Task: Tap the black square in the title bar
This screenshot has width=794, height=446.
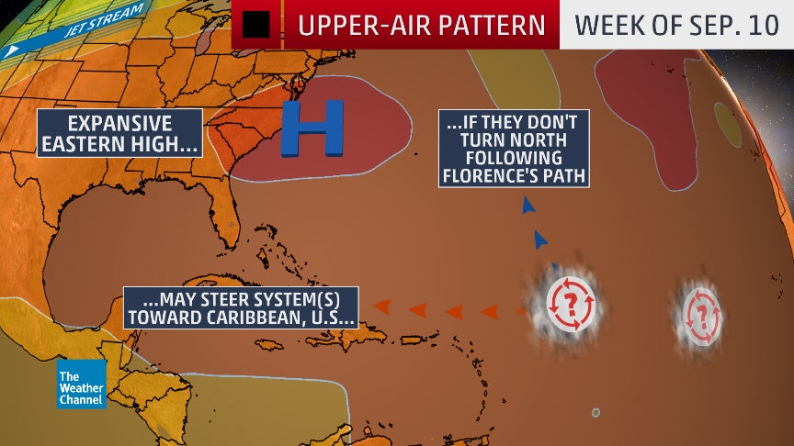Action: click(255, 25)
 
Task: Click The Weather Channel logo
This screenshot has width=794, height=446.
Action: click(82, 385)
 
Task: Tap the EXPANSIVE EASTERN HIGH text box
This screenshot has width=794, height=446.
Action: click(119, 133)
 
